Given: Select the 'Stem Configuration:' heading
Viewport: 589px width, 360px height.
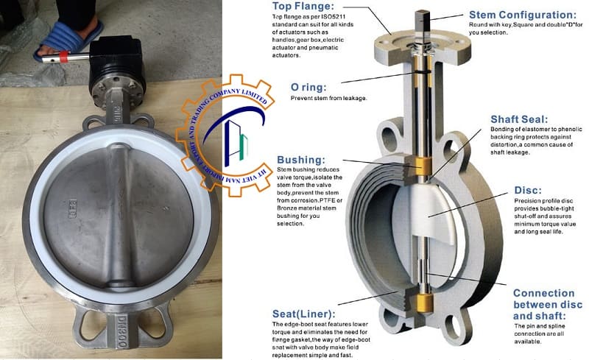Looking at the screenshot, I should click(524, 15).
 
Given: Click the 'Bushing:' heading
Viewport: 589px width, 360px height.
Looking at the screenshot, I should click(301, 160).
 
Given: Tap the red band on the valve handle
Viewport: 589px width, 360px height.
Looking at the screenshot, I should click(60, 56).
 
